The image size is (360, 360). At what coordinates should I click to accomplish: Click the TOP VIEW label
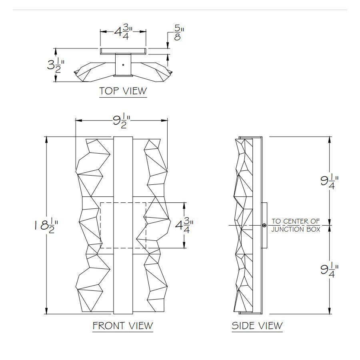123,91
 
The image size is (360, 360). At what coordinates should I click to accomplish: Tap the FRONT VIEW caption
123,326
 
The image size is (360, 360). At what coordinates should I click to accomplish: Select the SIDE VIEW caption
257,326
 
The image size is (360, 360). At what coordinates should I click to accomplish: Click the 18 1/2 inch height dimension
46,226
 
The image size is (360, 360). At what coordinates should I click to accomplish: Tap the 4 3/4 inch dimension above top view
123,32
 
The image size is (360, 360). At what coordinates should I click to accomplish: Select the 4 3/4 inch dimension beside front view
184,225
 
